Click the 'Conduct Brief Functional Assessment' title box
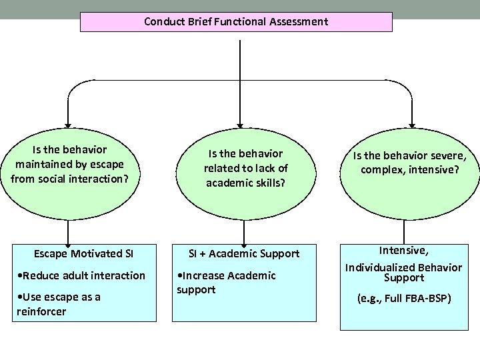(x=236, y=21)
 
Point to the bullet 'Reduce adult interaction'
(x=81, y=275)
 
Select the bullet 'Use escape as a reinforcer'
(x=58, y=304)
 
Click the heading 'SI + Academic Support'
(x=244, y=253)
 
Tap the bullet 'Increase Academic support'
(x=227, y=283)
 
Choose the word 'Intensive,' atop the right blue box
(x=404, y=251)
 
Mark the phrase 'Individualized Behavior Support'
(x=403, y=273)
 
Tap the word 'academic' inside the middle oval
(x=230, y=182)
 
